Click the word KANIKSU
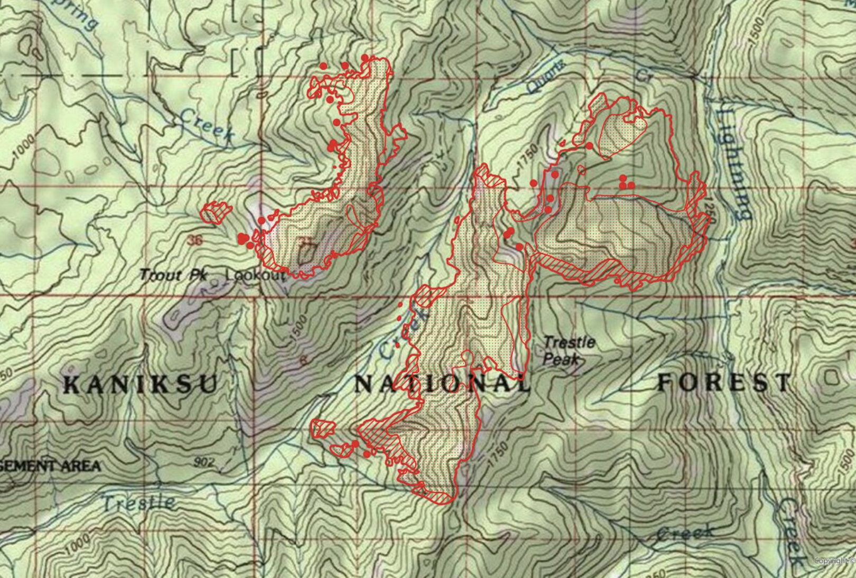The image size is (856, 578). point(140,384)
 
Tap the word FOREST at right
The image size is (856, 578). point(724,382)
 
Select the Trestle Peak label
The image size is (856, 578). point(568,350)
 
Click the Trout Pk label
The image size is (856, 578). point(174,275)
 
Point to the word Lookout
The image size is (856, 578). point(255,275)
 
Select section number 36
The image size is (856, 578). point(194,240)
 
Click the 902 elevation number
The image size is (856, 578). point(204,462)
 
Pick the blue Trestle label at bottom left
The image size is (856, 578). point(138,504)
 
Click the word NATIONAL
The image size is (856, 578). point(441,384)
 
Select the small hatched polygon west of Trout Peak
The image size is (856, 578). point(217,212)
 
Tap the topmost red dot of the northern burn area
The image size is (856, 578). point(365,58)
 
